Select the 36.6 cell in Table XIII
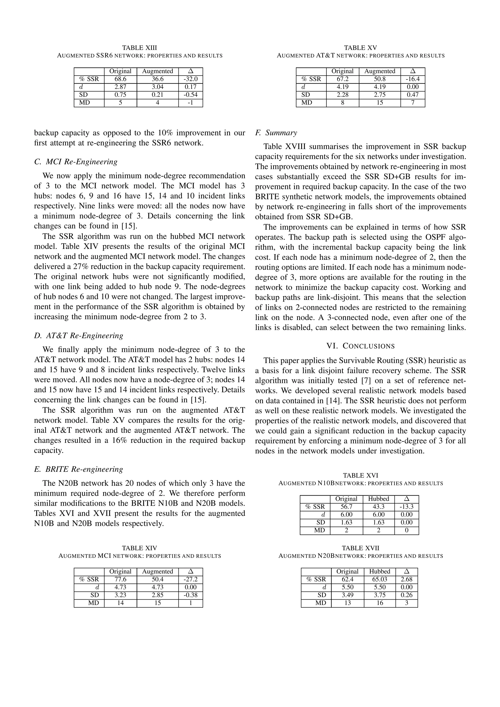(157, 79)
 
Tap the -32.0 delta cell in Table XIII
(190, 79)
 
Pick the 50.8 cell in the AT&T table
(380, 79)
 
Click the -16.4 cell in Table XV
(413, 79)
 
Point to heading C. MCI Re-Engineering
(76, 162)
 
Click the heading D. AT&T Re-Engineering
(79, 335)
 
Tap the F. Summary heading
(276, 133)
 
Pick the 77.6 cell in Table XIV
(120, 579)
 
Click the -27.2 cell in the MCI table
(190, 579)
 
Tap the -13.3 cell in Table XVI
(406, 506)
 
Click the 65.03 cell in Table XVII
(380, 579)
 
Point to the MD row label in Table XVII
(320, 603)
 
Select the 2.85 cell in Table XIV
(157, 595)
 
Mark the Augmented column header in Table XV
(380, 71)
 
